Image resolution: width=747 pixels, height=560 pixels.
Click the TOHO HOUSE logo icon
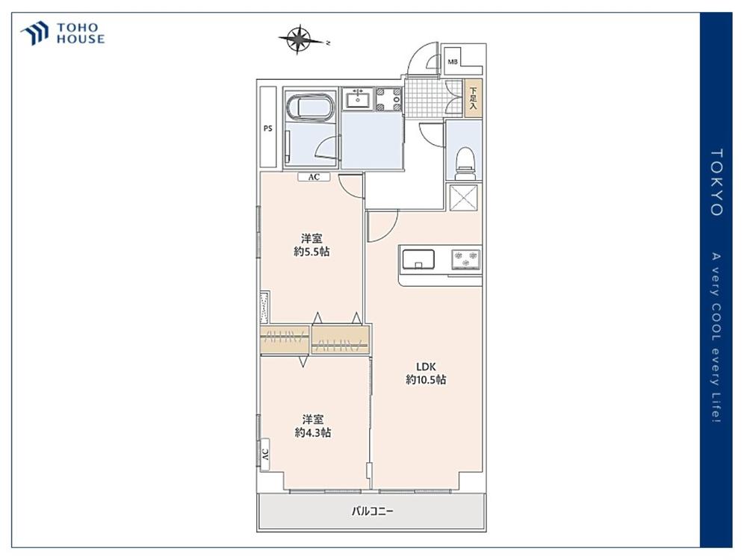35,33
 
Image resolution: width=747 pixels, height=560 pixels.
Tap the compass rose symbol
299,39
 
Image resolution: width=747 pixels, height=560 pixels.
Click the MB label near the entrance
453,61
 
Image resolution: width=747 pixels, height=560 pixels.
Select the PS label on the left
267,128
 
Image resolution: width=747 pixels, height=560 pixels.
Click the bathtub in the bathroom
310,106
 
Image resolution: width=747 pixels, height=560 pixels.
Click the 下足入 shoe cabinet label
473,99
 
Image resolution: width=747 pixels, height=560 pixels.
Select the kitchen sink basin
418,260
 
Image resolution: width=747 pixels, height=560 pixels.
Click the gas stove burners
465,260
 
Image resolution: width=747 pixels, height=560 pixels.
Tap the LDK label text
426,367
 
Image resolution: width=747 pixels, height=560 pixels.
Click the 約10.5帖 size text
426,379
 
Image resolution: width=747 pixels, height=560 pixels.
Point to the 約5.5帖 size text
311,252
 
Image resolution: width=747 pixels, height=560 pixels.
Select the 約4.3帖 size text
312,432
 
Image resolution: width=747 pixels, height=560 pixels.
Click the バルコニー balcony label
373,511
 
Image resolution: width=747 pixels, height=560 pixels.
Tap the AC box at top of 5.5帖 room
314,177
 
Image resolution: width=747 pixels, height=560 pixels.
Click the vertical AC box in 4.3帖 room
265,454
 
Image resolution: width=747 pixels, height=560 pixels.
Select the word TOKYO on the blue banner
716,182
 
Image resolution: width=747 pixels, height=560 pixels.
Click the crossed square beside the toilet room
464,197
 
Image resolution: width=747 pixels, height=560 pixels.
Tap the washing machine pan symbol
389,99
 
